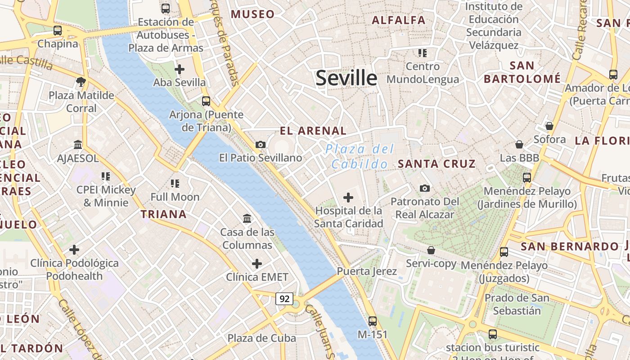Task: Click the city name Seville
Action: coord(346,78)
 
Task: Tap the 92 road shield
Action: coord(284,299)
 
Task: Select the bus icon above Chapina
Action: coord(58,31)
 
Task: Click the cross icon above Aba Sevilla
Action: coord(180,69)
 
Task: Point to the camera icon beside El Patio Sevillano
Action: coord(260,144)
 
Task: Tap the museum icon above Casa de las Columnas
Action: coord(247,219)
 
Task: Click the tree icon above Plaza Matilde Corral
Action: coord(81,81)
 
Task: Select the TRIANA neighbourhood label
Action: coord(164,214)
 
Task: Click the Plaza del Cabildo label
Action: coord(360,157)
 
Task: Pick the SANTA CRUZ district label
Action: coord(436,164)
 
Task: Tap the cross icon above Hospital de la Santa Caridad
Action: coord(348,197)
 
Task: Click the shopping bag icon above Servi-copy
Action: coord(431,250)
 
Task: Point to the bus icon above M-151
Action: coord(373,321)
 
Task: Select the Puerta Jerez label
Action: coord(367,271)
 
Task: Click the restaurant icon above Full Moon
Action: coord(175,183)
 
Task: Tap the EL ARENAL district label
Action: coord(313,131)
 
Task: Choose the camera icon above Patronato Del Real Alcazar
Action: coord(424,188)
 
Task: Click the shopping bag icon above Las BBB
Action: coord(519,144)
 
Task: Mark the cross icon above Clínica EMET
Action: coord(257,263)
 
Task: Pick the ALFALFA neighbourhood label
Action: coord(399,20)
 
